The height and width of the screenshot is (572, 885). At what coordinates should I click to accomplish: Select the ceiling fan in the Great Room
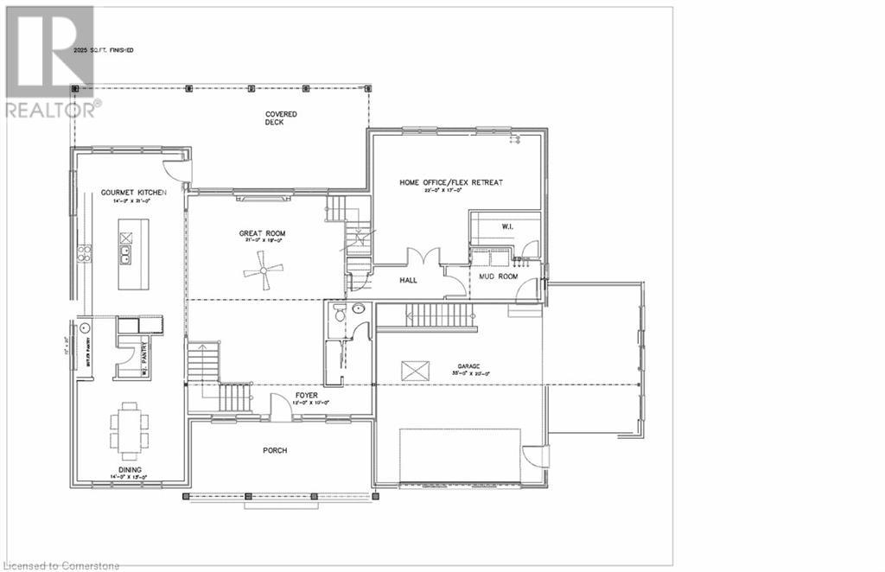[263, 276]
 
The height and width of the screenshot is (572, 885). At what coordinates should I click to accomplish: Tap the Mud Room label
[498, 277]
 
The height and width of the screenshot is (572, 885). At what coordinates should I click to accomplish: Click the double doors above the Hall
[423, 257]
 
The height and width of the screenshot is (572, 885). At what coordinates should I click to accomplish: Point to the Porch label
[275, 450]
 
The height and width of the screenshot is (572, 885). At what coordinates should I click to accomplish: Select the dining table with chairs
[129, 430]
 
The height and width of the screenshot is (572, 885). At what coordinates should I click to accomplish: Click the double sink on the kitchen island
[126, 253]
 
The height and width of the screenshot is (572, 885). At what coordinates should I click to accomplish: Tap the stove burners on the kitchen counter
[85, 253]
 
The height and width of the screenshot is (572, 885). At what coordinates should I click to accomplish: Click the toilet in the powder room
[340, 312]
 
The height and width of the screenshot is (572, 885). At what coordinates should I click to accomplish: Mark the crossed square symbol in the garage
[414, 371]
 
